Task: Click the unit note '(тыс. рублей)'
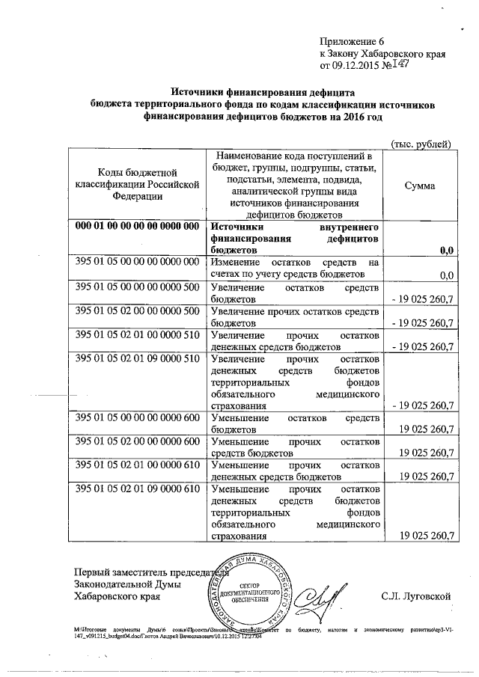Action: point(421,143)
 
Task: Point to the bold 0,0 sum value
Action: point(447,250)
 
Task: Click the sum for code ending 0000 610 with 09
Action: point(427,536)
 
